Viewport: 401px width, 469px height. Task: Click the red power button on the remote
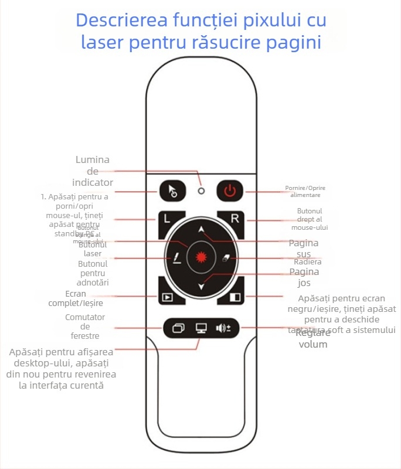click(x=230, y=191)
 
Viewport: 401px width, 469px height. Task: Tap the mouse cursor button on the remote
click(x=172, y=191)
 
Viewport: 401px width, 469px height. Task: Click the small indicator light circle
click(x=201, y=191)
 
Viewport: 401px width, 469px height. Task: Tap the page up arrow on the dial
click(x=201, y=230)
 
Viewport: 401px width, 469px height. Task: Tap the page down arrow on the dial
click(x=201, y=286)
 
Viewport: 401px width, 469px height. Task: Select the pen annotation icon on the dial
click(x=176, y=259)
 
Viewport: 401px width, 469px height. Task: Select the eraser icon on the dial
click(x=226, y=259)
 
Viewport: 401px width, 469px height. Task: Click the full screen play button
click(x=168, y=297)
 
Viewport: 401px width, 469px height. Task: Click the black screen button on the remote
click(x=235, y=297)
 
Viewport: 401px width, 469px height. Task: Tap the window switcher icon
click(x=178, y=328)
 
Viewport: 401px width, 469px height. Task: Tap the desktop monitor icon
click(x=201, y=328)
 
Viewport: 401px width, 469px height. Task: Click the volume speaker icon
click(x=223, y=328)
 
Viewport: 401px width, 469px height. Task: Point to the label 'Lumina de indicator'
click(x=93, y=171)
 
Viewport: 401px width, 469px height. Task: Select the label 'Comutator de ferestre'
click(x=85, y=327)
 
